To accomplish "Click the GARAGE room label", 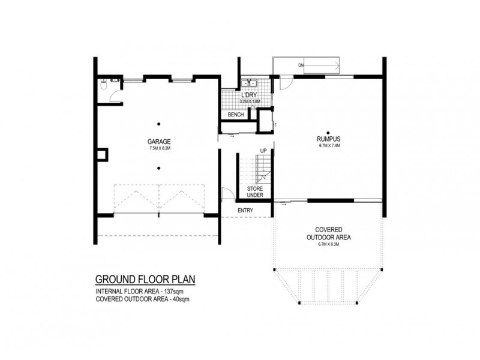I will (158, 142).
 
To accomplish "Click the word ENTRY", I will (245, 210).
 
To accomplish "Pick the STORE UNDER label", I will (256, 191).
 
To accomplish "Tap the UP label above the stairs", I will (263, 151).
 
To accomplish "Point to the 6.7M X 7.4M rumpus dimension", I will (329, 145).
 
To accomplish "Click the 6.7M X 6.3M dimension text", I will (329, 245).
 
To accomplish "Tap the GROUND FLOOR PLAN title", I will (145, 280).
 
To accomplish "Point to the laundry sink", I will (249, 83).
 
